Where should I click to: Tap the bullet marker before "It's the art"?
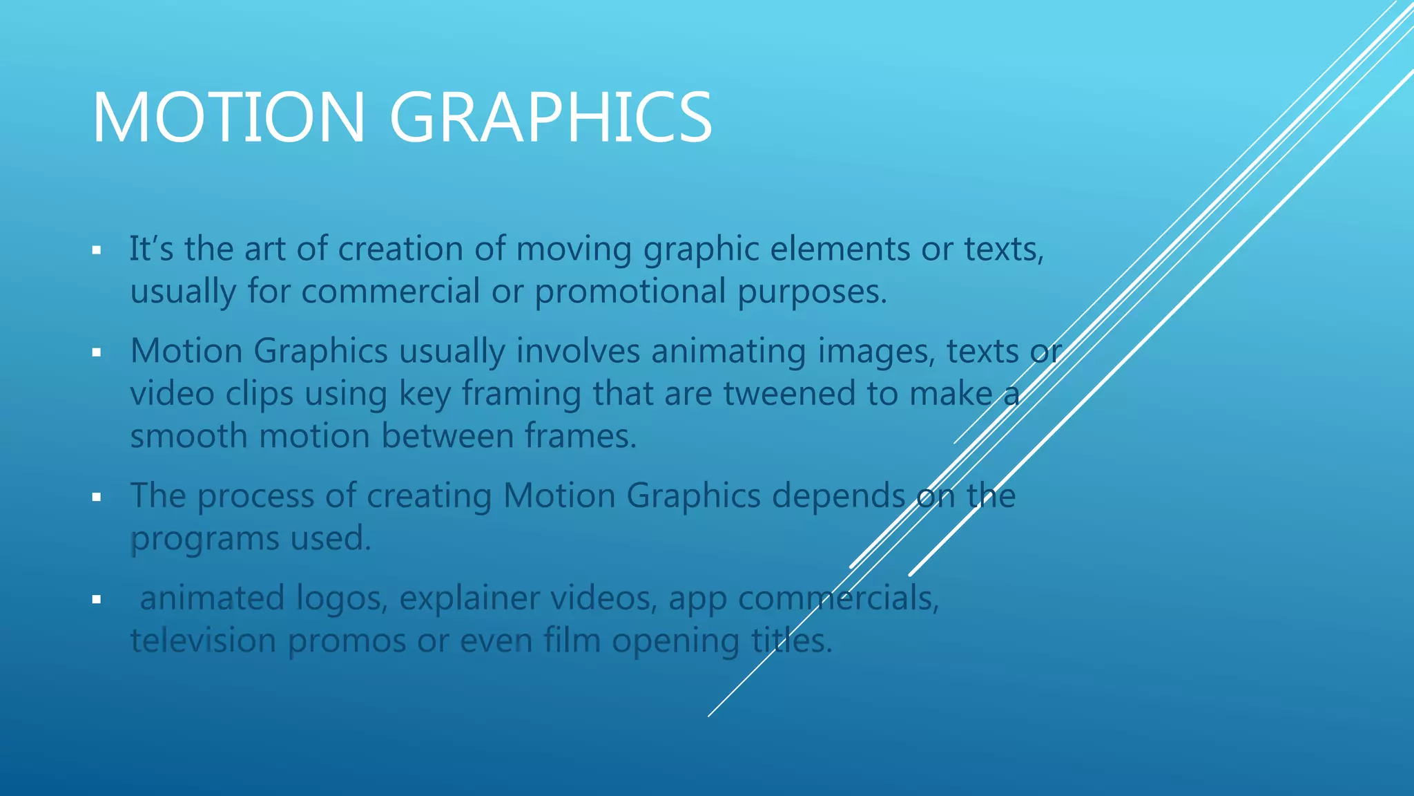97,250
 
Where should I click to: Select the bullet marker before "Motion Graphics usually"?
97,352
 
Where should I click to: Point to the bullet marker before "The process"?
97,497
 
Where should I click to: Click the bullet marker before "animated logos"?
97,599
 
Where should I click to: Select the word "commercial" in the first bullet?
390,291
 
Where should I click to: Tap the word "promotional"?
630,291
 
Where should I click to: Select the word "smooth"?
188,436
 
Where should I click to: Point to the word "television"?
204,641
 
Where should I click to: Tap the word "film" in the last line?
572,641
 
